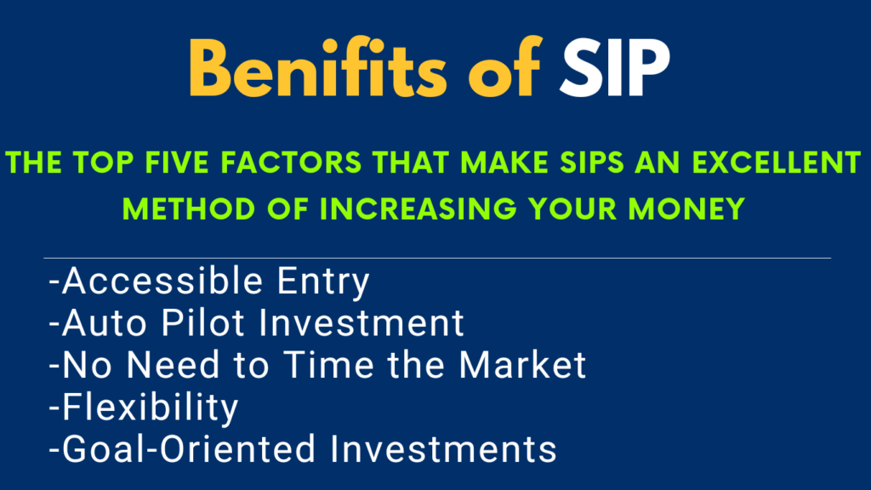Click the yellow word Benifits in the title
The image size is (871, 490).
pos(318,67)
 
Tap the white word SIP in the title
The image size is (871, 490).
pos(615,69)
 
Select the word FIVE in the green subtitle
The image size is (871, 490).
pos(179,162)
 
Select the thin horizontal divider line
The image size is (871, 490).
pos(437,259)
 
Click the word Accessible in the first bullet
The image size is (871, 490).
pos(162,281)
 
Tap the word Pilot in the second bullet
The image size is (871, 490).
pos(202,322)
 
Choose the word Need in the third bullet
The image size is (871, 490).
pos(174,365)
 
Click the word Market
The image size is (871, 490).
pos(523,365)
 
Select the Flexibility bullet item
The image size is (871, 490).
pos(143,408)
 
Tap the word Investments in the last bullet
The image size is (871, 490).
pos(443,449)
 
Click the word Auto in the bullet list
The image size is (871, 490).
pos(105,322)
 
